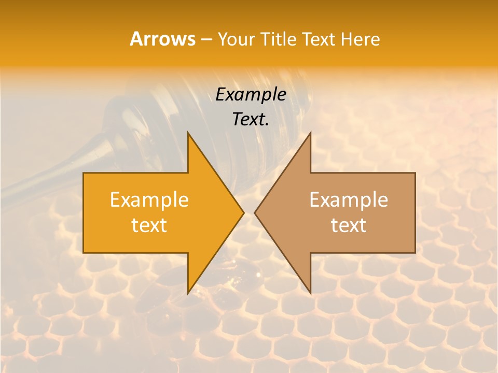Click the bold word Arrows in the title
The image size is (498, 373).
(162, 39)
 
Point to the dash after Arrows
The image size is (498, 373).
(206, 39)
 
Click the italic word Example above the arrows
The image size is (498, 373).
(251, 95)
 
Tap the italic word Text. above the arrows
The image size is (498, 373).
(251, 120)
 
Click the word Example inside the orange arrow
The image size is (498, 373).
(149, 200)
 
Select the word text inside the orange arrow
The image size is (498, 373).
(149, 225)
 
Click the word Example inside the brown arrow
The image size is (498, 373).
(349, 200)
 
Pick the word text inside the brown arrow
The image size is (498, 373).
(349, 225)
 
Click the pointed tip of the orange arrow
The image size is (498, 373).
(244, 213)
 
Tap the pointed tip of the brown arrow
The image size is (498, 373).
(255, 213)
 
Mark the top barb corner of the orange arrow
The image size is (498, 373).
(188, 133)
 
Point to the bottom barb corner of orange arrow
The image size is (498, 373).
(188, 293)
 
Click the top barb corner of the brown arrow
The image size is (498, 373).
(310, 133)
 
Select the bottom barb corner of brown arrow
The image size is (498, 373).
(310, 293)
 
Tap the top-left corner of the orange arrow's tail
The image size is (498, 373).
(84, 173)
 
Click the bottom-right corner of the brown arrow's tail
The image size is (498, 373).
(415, 253)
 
